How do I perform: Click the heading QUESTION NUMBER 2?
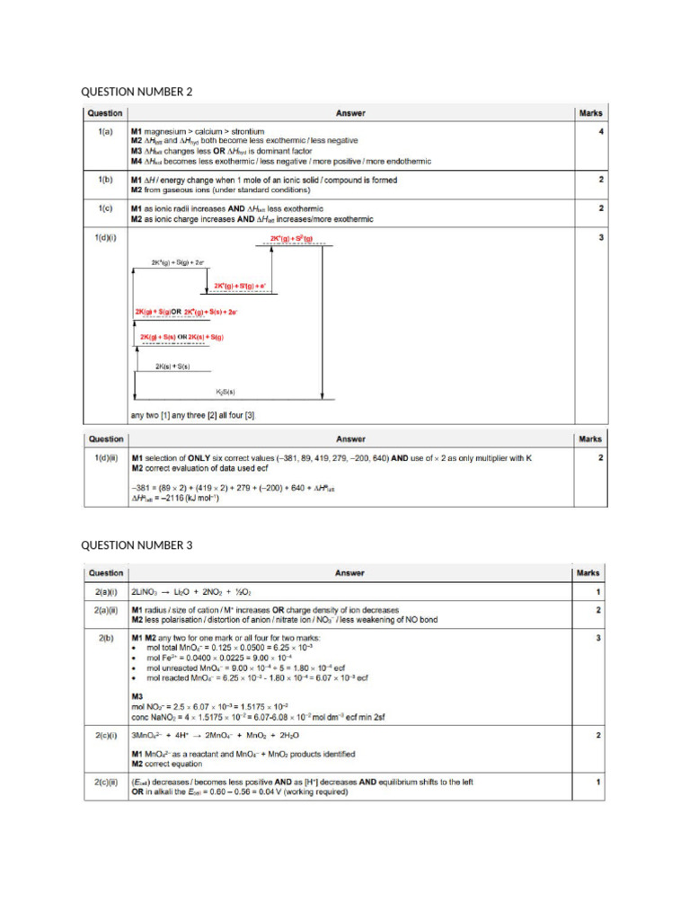(x=137, y=92)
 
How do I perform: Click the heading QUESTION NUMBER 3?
(x=137, y=545)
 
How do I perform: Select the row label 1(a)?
(x=104, y=132)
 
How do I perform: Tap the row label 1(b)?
(x=104, y=180)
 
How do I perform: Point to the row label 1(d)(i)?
(x=106, y=238)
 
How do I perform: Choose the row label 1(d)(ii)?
(x=107, y=458)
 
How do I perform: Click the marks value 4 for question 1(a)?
(x=600, y=132)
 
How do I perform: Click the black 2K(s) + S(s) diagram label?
(x=172, y=367)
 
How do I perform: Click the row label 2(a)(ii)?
(x=107, y=610)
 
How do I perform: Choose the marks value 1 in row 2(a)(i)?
(x=599, y=593)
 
